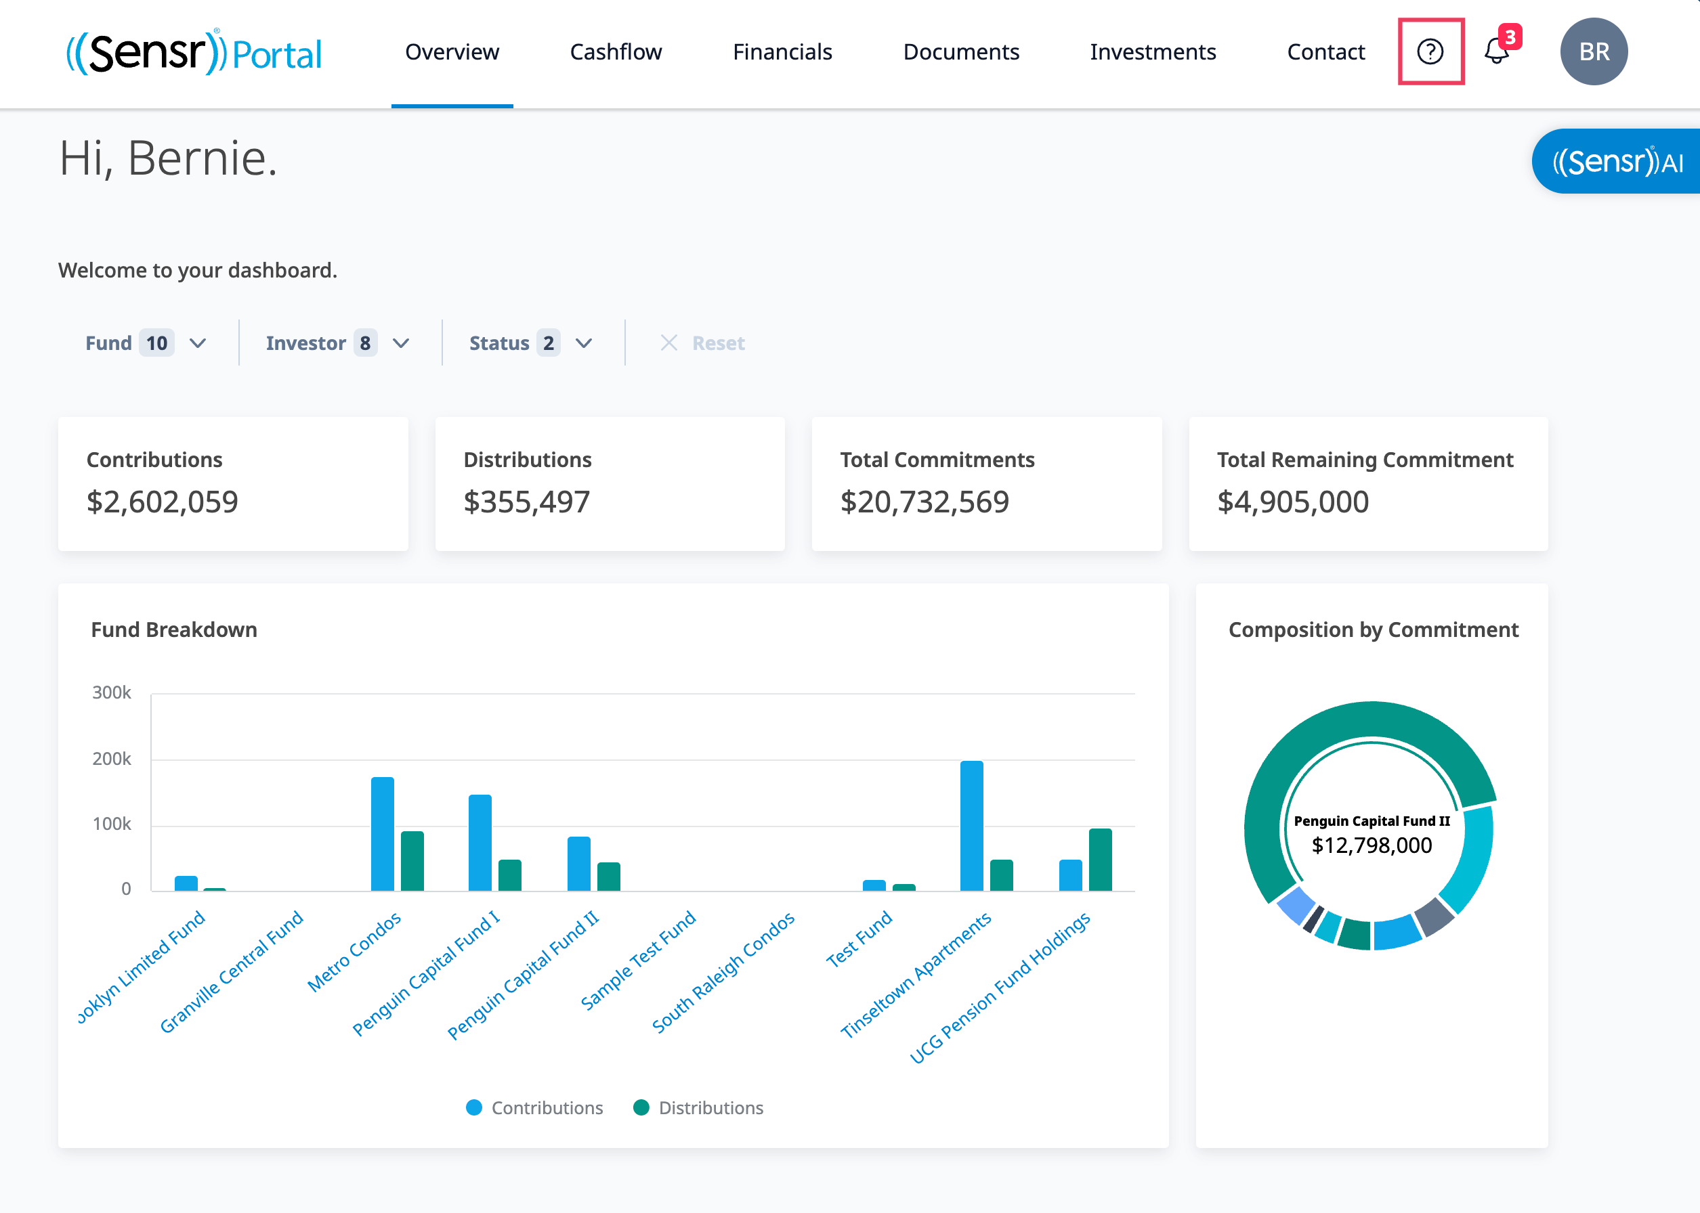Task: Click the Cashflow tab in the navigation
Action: point(616,51)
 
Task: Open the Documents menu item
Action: point(961,51)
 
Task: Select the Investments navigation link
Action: point(1153,51)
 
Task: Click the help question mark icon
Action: point(1430,51)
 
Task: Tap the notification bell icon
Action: point(1497,51)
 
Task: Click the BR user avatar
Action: point(1594,51)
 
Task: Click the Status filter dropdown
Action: point(530,343)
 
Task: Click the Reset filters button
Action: point(702,343)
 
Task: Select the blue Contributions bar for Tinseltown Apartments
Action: point(971,826)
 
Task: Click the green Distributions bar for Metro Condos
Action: point(412,861)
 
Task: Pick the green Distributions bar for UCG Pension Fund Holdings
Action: point(1100,860)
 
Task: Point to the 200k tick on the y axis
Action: point(111,759)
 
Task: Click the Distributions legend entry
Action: point(698,1107)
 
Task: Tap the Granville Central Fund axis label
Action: point(232,972)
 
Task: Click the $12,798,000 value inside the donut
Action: point(1372,845)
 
